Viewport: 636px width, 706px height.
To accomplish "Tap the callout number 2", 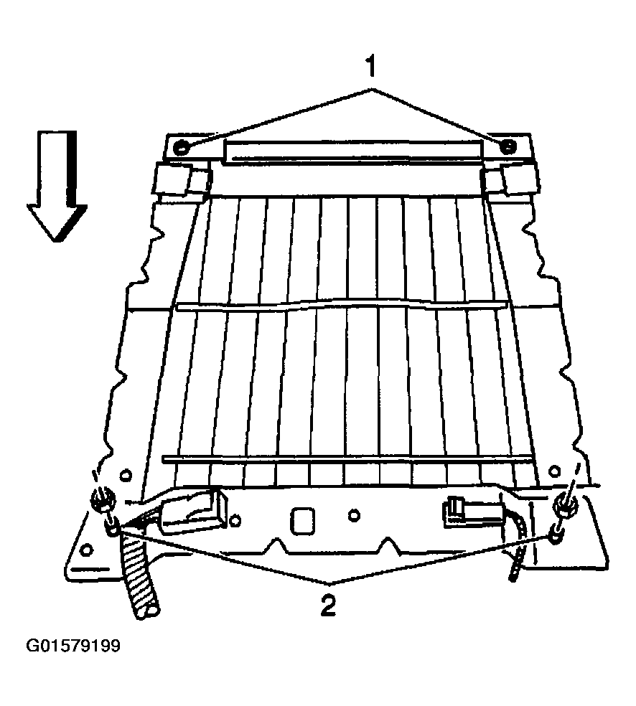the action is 328,606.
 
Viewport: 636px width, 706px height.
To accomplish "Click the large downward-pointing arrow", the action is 57,187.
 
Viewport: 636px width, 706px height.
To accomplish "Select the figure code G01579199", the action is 73,646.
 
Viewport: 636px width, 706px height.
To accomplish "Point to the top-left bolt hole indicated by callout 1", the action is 181,147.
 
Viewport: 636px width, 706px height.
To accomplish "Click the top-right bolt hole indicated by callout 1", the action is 508,146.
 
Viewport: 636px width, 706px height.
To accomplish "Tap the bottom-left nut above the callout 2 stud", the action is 103,500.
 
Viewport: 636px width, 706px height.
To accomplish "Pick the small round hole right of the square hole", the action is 355,515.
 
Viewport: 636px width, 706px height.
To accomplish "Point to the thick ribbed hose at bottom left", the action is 139,578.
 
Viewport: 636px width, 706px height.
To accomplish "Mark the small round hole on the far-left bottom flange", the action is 88,550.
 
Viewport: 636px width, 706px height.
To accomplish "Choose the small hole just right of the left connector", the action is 234,522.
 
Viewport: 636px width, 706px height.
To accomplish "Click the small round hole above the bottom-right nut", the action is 554,471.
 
